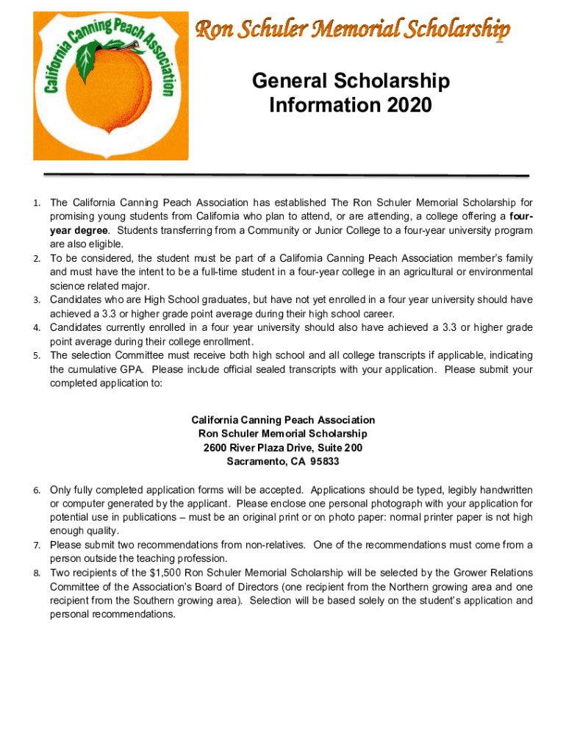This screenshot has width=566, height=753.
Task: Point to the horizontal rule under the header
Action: [x=287, y=176]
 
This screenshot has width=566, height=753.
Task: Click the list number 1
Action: [x=37, y=203]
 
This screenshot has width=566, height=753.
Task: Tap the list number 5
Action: [x=37, y=356]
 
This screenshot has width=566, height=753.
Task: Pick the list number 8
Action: [x=37, y=573]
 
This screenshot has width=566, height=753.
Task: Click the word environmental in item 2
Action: [x=495, y=272]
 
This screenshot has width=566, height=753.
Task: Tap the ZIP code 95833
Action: [x=324, y=462]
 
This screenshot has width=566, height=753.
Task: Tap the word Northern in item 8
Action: [x=376, y=587]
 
